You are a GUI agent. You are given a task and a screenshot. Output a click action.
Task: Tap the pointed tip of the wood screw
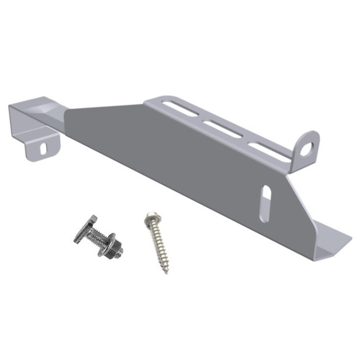coord(167,271)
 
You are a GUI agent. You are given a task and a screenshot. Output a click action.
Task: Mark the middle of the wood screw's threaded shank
coord(158,247)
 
